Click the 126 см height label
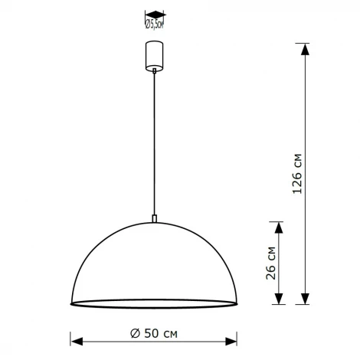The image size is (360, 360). coord(298,175)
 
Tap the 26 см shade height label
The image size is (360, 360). coord(270,263)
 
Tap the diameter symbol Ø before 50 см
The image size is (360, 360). coord(134,333)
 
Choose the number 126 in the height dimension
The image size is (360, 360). coord(298,182)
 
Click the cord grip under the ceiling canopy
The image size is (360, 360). coord(155,71)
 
